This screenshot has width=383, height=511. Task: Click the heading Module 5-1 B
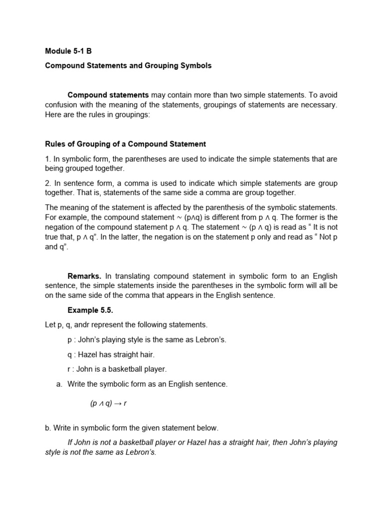click(x=68, y=51)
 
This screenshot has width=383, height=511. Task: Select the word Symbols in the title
click(x=195, y=66)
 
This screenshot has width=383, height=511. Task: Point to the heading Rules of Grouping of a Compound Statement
click(x=125, y=144)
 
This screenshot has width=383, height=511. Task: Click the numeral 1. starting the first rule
click(x=48, y=159)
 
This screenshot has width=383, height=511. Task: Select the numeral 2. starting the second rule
click(x=48, y=183)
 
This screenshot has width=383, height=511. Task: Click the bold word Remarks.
click(x=84, y=276)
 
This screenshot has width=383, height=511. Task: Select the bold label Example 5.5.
click(x=90, y=310)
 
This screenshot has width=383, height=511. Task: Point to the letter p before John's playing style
click(x=70, y=340)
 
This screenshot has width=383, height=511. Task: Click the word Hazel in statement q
click(x=90, y=355)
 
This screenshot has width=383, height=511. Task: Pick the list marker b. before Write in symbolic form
click(x=48, y=428)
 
